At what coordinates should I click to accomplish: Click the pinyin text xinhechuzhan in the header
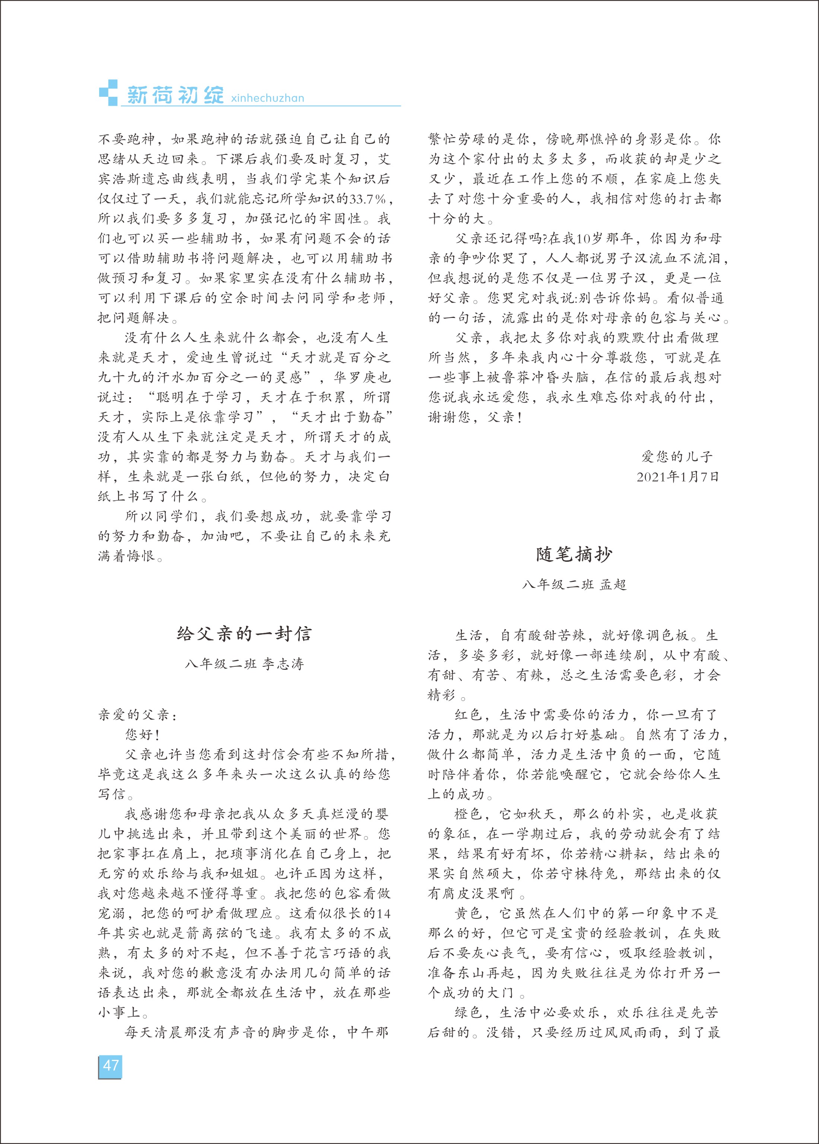267,98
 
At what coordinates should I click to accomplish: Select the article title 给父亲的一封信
245,634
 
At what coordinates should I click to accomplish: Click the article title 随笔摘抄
574,554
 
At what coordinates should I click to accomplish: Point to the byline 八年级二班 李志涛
245,664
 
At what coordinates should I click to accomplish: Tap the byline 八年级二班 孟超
574,584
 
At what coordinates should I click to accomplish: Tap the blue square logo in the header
108,93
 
